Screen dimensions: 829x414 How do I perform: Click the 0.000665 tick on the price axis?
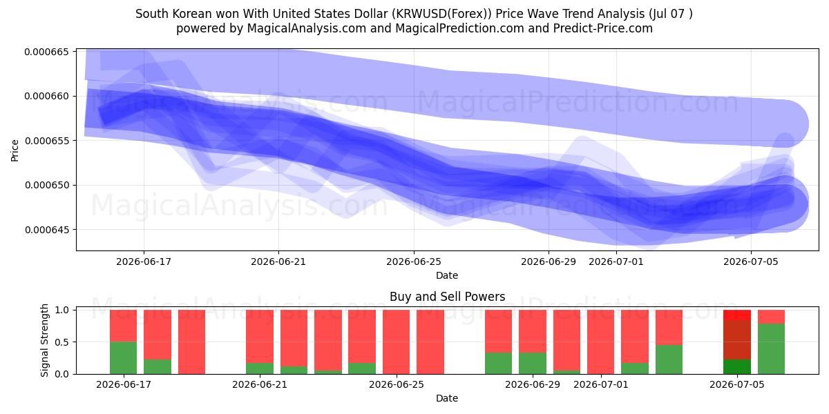pyautogui.click(x=47, y=52)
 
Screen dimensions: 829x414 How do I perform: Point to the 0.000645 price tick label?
pyautogui.click(x=47, y=230)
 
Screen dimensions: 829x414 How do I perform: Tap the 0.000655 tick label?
pyautogui.click(x=47, y=141)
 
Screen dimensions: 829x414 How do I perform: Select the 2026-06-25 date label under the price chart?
pyautogui.click(x=414, y=262)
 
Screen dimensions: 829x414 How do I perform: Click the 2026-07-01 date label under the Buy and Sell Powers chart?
pyautogui.click(x=600, y=384)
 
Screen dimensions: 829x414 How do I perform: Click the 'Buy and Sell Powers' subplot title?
pyautogui.click(x=447, y=297)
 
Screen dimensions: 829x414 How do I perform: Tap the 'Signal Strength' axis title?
pyautogui.click(x=44, y=340)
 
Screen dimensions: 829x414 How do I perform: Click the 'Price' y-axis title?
pyautogui.click(x=15, y=150)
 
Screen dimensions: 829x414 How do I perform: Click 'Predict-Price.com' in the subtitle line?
pyautogui.click(x=603, y=28)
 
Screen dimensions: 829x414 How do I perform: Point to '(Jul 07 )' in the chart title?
pyautogui.click(x=670, y=14)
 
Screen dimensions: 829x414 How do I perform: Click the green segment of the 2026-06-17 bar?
pyautogui.click(x=123, y=358)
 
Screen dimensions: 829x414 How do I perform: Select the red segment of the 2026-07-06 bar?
pyautogui.click(x=771, y=317)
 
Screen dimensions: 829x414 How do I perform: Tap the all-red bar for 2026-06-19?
pyautogui.click(x=192, y=342)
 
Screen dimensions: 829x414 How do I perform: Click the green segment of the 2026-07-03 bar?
pyautogui.click(x=669, y=359)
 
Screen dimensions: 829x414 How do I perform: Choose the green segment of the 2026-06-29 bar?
pyautogui.click(x=533, y=364)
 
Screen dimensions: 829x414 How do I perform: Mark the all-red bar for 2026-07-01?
pyautogui.click(x=600, y=342)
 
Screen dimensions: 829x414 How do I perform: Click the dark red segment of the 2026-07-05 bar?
pyautogui.click(x=737, y=340)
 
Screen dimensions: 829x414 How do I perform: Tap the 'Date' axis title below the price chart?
pyautogui.click(x=447, y=275)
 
